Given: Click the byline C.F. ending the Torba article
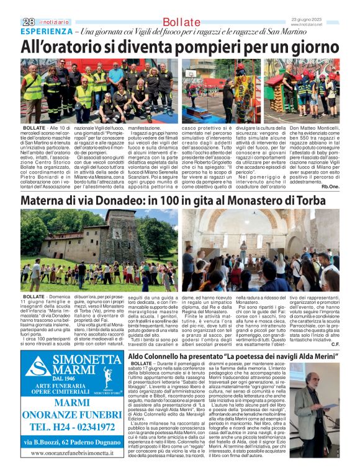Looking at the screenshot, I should (335, 344).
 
